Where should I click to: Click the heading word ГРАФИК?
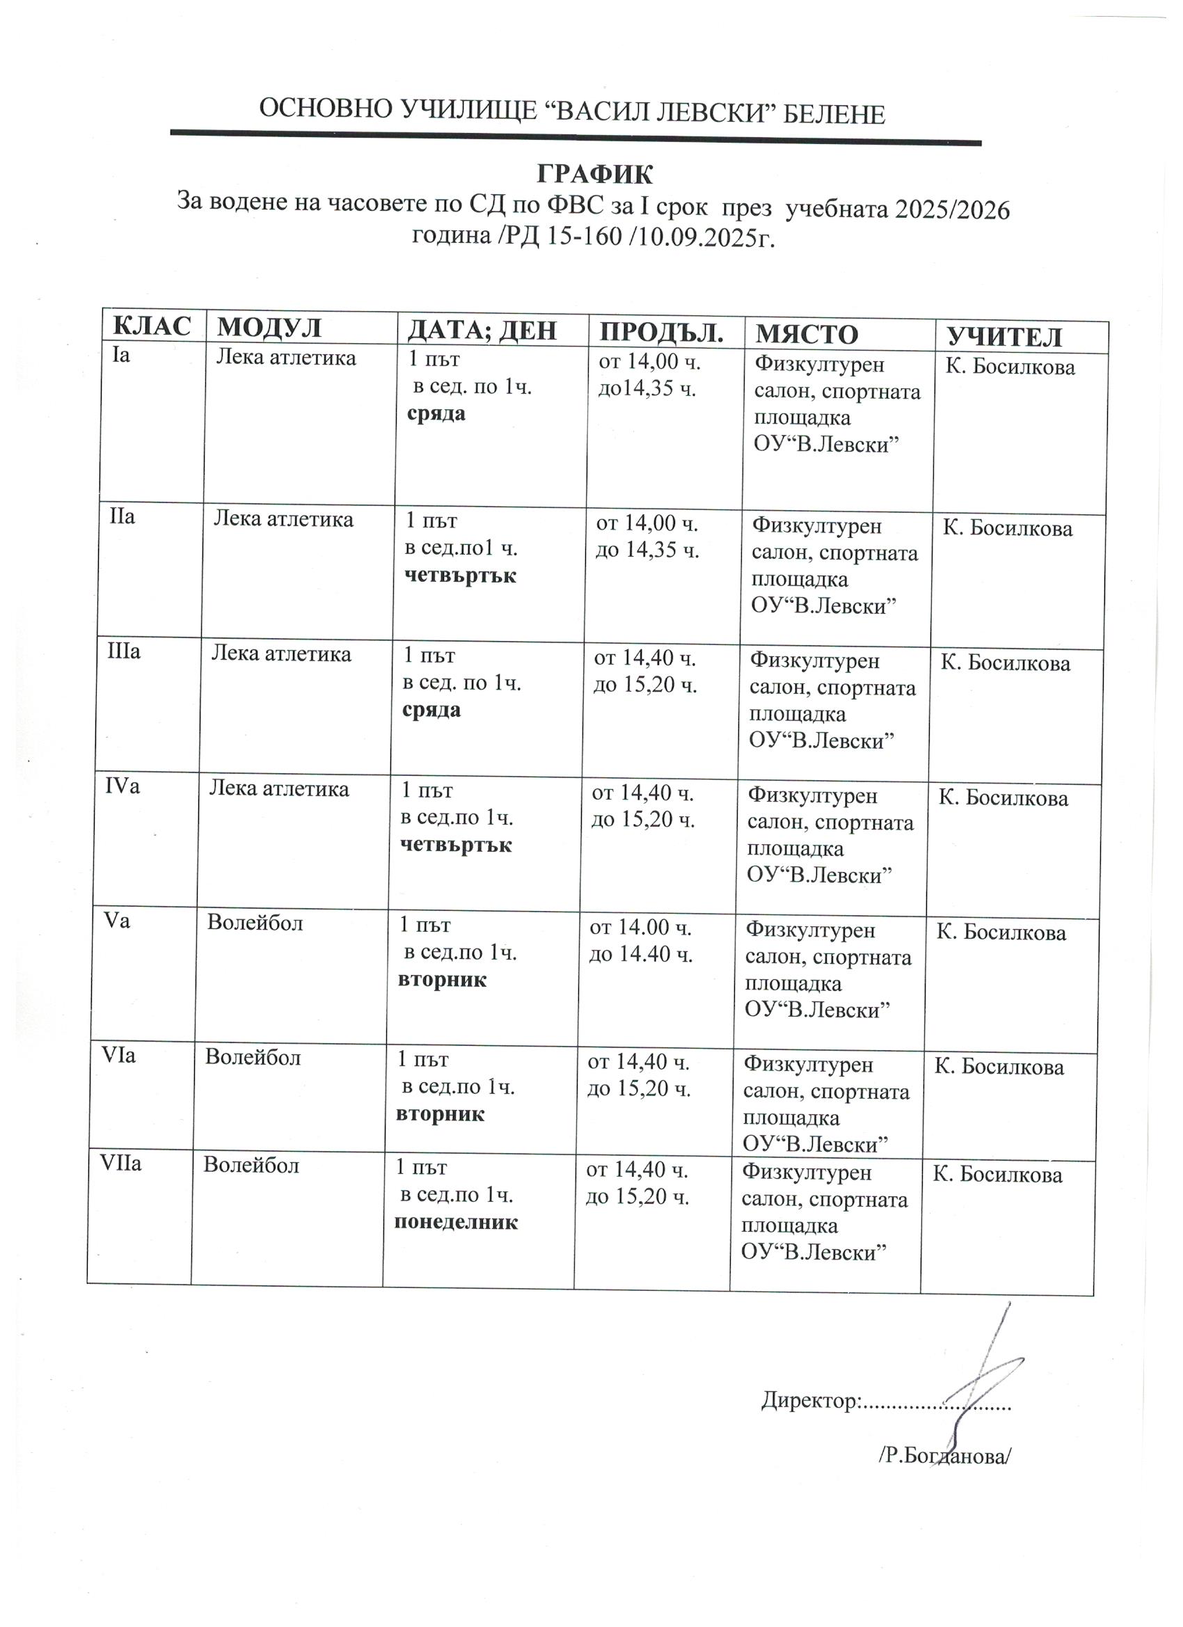point(595,174)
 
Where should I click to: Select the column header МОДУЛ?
point(270,327)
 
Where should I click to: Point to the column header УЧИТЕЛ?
point(1004,336)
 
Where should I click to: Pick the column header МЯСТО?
point(807,334)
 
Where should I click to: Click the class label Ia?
point(120,355)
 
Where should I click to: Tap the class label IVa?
point(122,786)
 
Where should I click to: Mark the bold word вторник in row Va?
point(442,980)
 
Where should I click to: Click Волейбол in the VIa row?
point(253,1056)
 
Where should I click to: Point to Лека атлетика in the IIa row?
point(283,518)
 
